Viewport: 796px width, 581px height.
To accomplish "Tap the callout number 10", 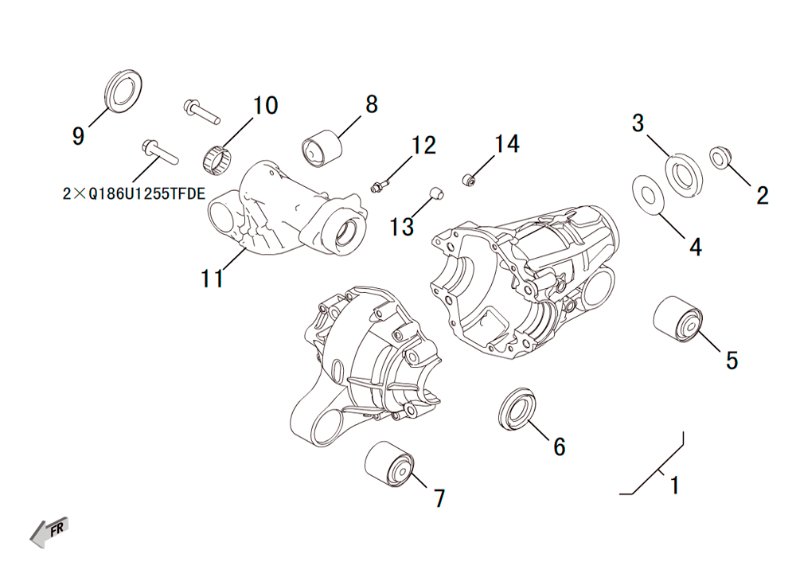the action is click(x=265, y=106).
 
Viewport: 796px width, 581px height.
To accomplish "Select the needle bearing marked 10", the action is click(x=217, y=159).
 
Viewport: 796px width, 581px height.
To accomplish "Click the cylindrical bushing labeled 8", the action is click(x=322, y=148).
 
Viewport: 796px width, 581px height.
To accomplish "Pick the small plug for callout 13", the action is click(x=436, y=193).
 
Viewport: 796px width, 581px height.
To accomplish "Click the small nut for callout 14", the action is click(x=469, y=179).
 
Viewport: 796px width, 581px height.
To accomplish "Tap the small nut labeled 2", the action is click(x=719, y=158).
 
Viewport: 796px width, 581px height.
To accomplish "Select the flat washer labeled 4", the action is click(x=648, y=194).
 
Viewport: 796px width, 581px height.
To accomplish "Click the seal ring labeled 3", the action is click(x=684, y=176).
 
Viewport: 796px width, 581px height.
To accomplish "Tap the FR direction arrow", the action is click(x=49, y=532).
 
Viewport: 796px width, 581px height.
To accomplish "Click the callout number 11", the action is click(x=213, y=279).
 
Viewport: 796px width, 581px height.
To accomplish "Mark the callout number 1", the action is click(x=675, y=485).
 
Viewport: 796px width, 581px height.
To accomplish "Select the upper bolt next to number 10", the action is click(x=201, y=111).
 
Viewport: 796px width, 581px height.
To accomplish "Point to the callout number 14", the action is click(x=506, y=144).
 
